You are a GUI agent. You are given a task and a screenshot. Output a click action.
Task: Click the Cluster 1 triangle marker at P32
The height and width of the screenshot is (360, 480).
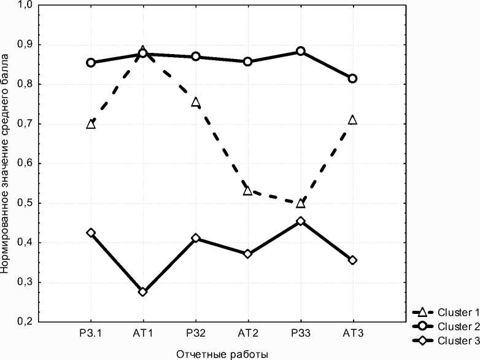coord(196,102)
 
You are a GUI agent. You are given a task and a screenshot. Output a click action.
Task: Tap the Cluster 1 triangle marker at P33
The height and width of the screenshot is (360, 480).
coord(300,203)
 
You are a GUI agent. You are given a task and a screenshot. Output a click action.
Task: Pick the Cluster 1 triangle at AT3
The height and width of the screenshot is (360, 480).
coord(352,120)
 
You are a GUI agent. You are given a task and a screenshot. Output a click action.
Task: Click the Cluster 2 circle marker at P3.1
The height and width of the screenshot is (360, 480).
coord(91,63)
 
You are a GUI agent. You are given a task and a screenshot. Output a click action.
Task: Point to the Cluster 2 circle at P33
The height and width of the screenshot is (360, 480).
coord(300,52)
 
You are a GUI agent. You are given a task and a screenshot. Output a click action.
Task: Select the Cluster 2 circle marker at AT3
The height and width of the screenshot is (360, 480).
coord(352,79)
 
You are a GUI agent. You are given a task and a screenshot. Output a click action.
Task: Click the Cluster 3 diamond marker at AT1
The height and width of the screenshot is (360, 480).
coord(143,292)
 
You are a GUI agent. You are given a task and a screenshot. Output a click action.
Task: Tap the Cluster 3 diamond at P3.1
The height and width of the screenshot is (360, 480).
coord(91,233)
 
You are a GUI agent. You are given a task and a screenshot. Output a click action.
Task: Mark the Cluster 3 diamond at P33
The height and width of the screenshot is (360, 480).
coord(300,221)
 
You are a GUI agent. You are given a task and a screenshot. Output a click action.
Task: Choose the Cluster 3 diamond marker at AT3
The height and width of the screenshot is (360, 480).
coord(352,260)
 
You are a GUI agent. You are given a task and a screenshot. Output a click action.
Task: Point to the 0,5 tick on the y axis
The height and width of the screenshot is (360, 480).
coord(25,203)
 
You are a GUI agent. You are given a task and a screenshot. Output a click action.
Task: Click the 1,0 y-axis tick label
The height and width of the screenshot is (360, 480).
coord(25,5)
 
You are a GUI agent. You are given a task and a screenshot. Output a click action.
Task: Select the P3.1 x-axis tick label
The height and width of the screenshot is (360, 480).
coord(91,333)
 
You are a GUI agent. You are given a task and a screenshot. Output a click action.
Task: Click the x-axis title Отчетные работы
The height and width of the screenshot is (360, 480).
coord(222,354)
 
